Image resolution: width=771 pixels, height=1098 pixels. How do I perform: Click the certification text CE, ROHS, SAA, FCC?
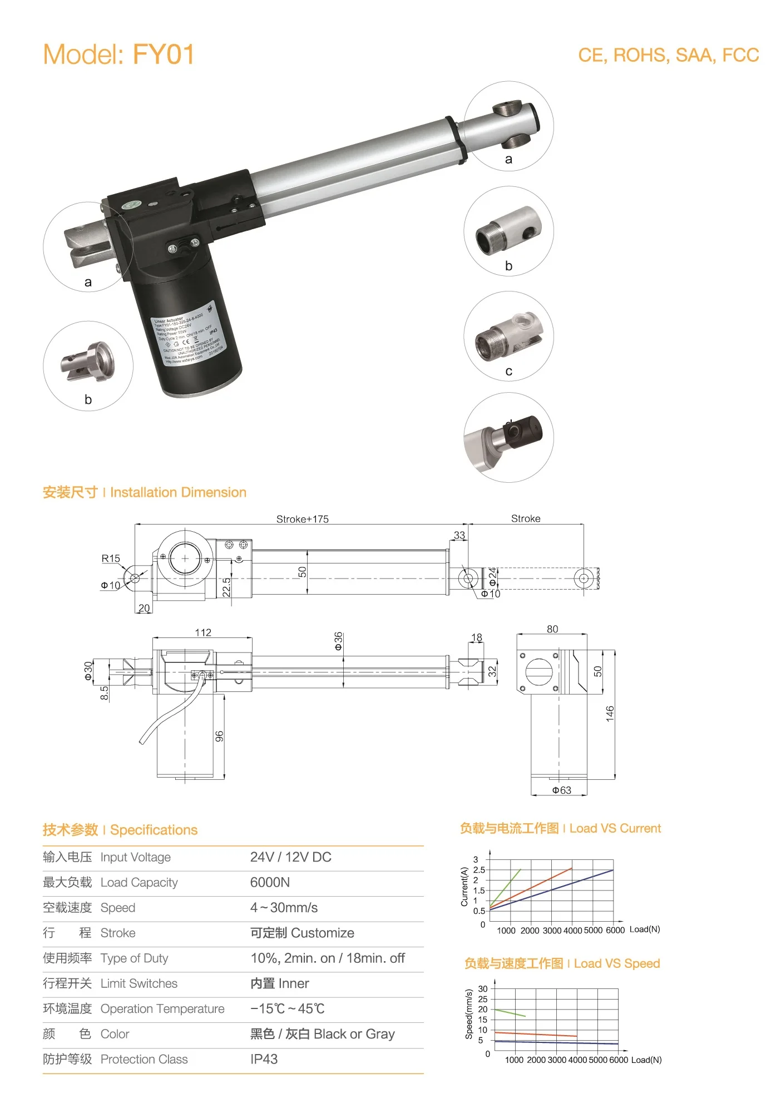[668, 55]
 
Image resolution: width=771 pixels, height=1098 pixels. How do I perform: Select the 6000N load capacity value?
[270, 882]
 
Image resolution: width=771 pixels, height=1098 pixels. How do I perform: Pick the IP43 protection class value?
[264, 1059]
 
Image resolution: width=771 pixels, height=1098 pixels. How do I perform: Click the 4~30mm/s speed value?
[284, 908]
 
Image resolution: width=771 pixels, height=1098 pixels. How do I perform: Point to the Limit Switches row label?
[139, 983]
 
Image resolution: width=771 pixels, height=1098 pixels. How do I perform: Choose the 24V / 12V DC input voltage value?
[290, 857]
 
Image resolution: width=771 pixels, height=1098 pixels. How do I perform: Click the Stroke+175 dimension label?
[302, 519]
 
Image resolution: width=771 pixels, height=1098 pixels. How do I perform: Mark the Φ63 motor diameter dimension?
[561, 790]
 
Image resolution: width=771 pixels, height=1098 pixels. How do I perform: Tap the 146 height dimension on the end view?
[610, 714]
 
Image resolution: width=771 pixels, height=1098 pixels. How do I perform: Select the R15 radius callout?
[111, 558]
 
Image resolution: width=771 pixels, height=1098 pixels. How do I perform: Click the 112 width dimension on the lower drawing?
[203, 632]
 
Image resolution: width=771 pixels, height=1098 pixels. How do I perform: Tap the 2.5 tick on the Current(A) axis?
[478, 870]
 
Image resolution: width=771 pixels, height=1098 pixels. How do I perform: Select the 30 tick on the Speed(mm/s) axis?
[482, 988]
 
